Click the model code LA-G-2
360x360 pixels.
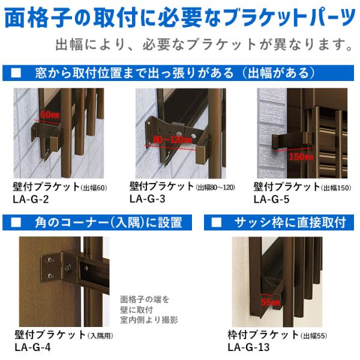pyautogui.click(x=31, y=199)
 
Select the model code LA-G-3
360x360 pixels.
pyautogui.click(x=148, y=199)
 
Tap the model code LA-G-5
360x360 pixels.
pyautogui.click(x=271, y=199)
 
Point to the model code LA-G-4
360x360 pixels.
pyautogui.click(x=32, y=347)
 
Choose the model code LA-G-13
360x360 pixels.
pyautogui.click(x=248, y=347)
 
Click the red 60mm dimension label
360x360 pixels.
pyautogui.click(x=50, y=115)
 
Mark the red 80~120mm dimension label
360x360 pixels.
pyautogui.click(x=172, y=139)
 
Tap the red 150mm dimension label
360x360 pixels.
pyautogui.click(x=301, y=157)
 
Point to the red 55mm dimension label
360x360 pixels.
pyautogui.click(x=270, y=302)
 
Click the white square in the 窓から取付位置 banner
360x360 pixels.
pyautogui.click(x=16, y=73)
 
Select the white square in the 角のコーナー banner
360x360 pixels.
pyautogui.click(x=16, y=222)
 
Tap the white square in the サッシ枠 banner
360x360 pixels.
pyautogui.click(x=216, y=222)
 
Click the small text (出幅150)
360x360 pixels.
pyautogui.click(x=336, y=188)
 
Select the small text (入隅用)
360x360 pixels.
pyautogui.click(x=101, y=336)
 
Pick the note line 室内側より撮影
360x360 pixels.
pyautogui.click(x=149, y=320)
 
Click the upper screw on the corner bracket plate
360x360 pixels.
pyautogui.click(x=49, y=260)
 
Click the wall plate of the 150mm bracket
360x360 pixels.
pyautogui.click(x=275, y=142)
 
